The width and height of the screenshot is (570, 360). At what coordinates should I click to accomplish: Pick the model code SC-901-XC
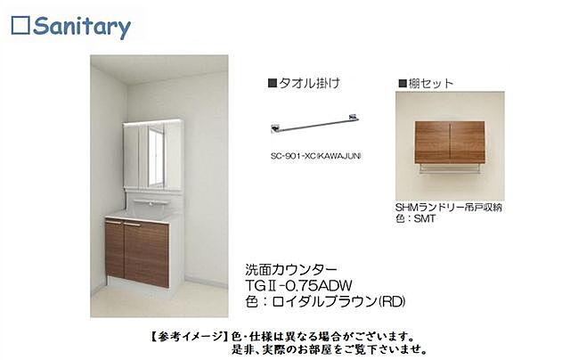coord(299,154)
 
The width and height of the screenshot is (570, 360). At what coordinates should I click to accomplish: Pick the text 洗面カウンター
coord(285,267)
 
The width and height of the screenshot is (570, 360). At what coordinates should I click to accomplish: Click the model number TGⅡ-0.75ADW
coord(297,283)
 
